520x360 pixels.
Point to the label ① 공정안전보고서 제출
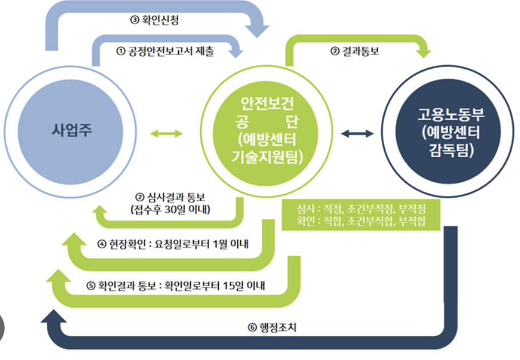[165, 52]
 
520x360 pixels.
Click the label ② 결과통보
[354, 52]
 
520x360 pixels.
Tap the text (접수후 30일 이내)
[170, 210]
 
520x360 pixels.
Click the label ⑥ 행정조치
[269, 328]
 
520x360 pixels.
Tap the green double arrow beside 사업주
[166, 134]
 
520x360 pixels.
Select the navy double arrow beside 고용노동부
[357, 134]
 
